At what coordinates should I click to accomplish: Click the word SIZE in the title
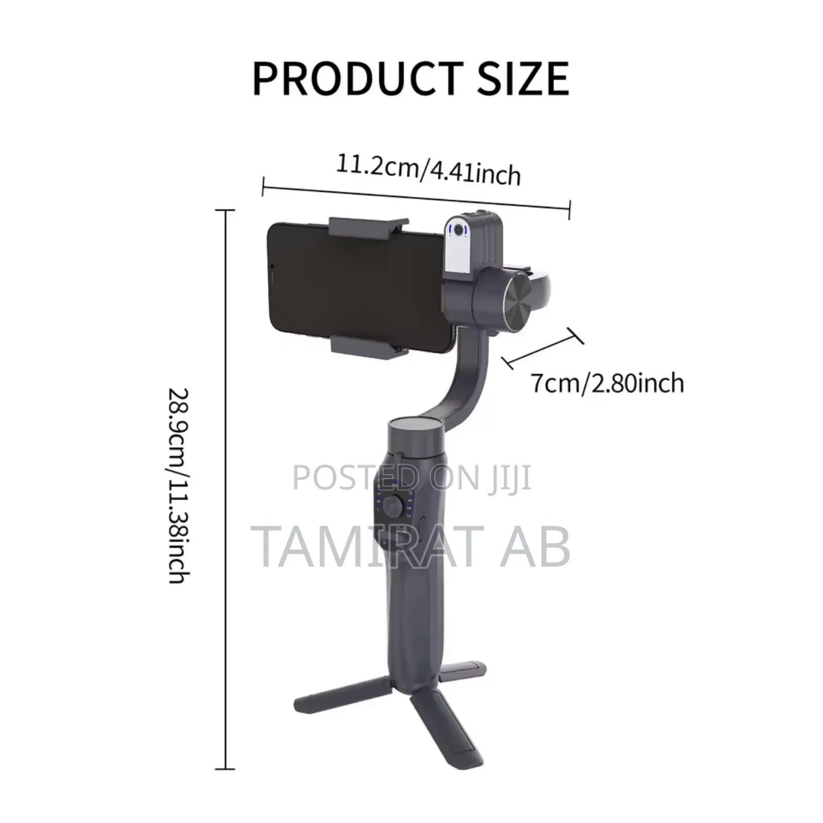tap(523, 79)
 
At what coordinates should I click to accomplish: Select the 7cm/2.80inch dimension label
tap(607, 383)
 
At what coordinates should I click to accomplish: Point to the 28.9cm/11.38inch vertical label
tap(179, 486)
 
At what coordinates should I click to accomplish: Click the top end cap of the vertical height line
tap(225, 210)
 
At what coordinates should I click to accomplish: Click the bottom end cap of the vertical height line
tap(225, 769)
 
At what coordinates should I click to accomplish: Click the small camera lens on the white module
tap(458, 230)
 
